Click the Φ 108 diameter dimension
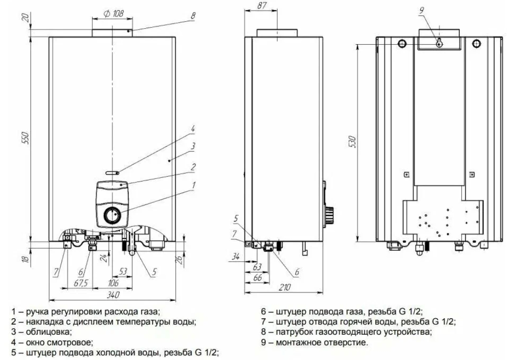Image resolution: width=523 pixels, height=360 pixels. [113, 14]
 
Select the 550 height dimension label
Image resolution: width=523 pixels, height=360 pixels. [26, 138]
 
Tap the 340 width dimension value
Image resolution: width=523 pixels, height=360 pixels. [113, 295]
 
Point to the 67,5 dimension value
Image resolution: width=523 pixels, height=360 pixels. [81, 283]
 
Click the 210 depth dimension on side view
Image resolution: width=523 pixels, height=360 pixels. [284, 287]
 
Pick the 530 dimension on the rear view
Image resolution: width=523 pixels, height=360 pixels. [353, 142]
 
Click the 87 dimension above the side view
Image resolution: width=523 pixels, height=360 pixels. [262, 5]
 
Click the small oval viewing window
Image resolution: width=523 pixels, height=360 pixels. [112, 173]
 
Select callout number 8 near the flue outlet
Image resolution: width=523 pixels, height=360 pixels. [193, 16]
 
